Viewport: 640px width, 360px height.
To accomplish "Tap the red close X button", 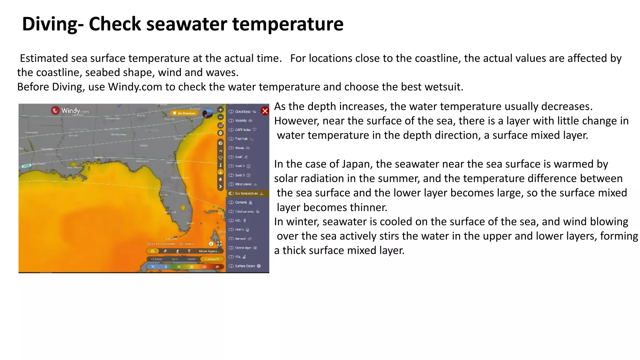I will [265, 111].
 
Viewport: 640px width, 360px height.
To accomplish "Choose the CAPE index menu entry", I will [243, 130].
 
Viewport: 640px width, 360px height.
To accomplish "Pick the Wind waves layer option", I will [243, 184].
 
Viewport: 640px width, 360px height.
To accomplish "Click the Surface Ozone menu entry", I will [245, 266].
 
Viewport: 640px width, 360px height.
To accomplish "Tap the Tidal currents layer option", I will [244, 212].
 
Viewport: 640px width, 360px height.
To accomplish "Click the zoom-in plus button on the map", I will [220, 110].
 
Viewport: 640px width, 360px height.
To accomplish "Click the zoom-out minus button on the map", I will [220, 117].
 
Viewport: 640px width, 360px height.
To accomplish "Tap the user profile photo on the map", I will [207, 113].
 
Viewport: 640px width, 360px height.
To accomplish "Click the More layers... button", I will [209, 251].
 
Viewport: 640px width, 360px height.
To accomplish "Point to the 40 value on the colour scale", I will [217, 267].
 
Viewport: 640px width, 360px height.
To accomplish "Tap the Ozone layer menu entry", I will [243, 248].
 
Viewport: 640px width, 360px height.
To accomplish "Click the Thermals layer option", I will [241, 139].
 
